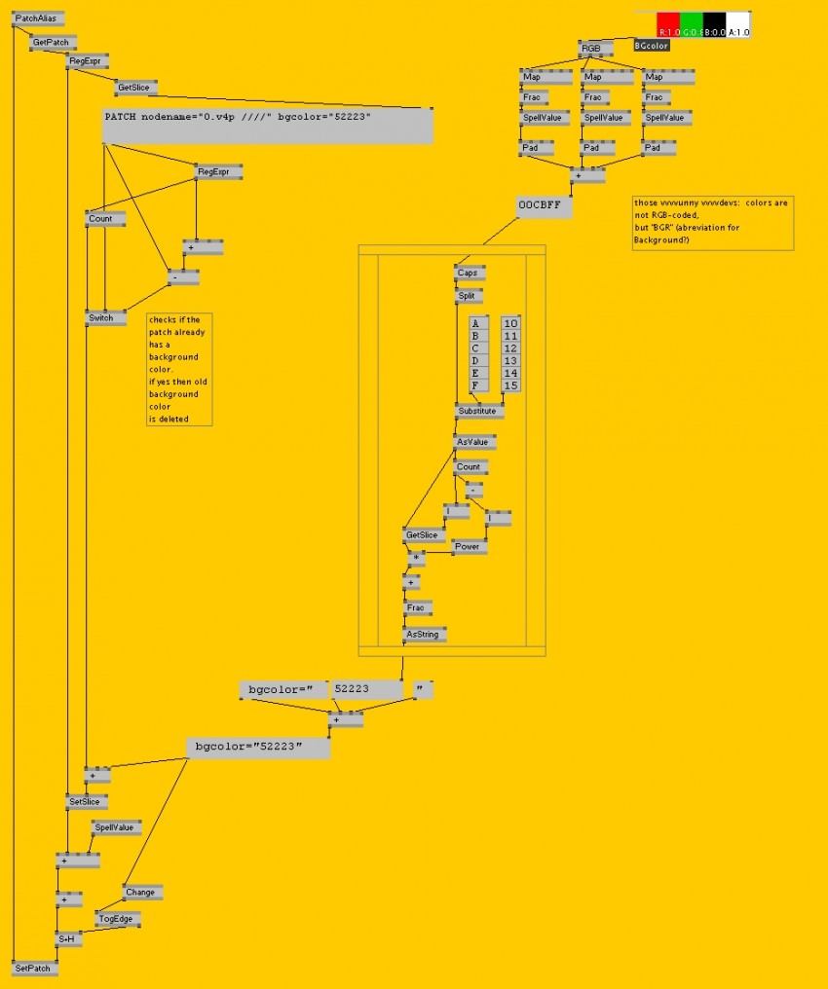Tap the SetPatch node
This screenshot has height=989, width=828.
pos(35,969)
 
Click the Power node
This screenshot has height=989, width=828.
pos(470,547)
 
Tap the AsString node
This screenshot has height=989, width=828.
pos(426,635)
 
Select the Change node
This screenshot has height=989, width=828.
pos(142,892)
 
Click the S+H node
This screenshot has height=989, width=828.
pos(68,938)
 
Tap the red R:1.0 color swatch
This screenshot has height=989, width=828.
pos(667,25)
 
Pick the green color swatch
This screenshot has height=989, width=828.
pos(691,25)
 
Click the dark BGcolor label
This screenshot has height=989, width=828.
pos(651,46)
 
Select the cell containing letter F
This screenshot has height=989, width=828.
pos(476,385)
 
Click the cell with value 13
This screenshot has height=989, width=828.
pos(511,360)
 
